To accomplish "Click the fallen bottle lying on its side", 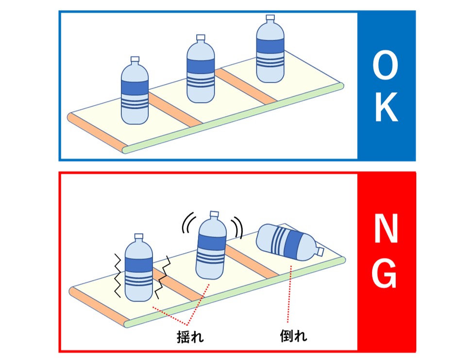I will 289,241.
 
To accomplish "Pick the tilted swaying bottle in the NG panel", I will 210,248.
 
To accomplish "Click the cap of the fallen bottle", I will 321,252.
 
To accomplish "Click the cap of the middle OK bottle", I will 200,38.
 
